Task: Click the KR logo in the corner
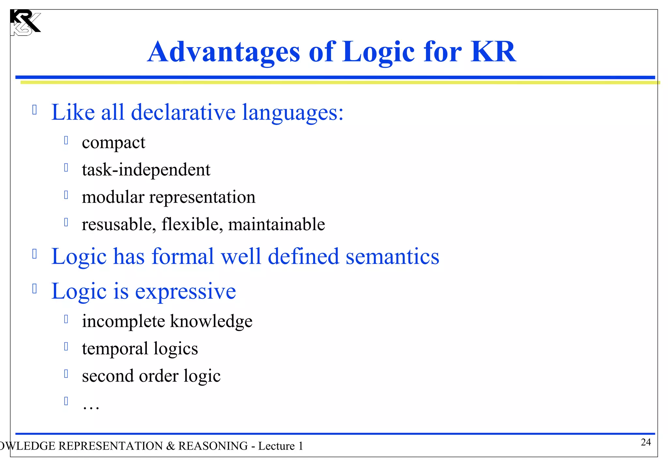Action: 25,22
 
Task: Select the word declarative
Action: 183,113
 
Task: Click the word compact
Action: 113,143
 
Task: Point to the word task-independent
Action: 146,170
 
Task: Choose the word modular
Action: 113,197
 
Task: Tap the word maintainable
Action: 276,225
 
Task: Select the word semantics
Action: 392,257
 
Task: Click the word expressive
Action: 185,292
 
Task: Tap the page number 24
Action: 645,442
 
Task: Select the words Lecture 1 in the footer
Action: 281,446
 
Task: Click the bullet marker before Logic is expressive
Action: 35,288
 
